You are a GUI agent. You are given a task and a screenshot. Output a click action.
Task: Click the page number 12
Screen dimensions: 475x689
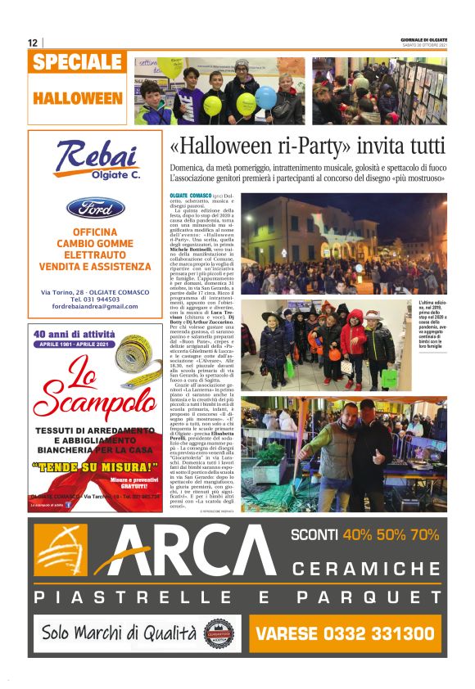(x=32, y=43)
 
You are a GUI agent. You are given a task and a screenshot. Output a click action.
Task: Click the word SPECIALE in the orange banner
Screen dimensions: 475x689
(x=79, y=62)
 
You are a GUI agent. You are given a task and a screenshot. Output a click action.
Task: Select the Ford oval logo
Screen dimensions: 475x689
(x=95, y=208)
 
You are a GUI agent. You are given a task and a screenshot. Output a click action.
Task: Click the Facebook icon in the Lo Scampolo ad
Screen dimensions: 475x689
(x=69, y=505)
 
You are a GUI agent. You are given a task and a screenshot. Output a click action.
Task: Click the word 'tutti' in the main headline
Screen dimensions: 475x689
(x=424, y=146)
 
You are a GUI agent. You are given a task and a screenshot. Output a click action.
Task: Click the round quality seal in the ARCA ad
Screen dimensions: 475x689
(x=219, y=633)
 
